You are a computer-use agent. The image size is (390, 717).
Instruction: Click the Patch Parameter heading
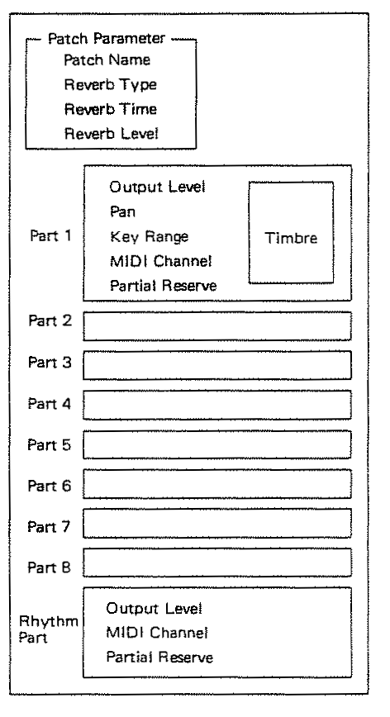pyautogui.click(x=106, y=38)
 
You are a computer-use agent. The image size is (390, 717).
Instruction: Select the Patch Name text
pyautogui.click(x=107, y=60)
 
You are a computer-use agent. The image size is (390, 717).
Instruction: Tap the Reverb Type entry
pyautogui.click(x=110, y=85)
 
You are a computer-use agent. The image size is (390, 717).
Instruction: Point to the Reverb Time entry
pyautogui.click(x=110, y=109)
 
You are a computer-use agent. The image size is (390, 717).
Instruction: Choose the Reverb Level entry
pyautogui.click(x=111, y=134)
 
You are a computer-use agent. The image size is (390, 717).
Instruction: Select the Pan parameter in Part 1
pyautogui.click(x=122, y=211)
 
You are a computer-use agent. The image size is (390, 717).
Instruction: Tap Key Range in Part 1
pyautogui.click(x=149, y=237)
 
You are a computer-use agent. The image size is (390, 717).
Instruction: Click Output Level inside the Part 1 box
pyautogui.click(x=157, y=187)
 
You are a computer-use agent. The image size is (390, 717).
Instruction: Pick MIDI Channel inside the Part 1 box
pyautogui.click(x=161, y=261)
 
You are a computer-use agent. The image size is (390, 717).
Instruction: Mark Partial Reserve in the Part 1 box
pyautogui.click(x=164, y=286)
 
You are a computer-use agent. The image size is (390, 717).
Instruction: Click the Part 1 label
pyautogui.click(x=50, y=235)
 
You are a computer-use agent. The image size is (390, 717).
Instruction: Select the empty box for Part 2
pyautogui.click(x=217, y=326)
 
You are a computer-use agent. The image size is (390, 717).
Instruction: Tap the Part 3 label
pyautogui.click(x=50, y=362)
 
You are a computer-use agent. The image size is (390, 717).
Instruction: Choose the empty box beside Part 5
pyautogui.click(x=217, y=444)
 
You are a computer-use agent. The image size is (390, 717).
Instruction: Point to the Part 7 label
pyautogui.click(x=49, y=527)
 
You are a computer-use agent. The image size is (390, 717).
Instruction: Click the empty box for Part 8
pyautogui.click(x=217, y=563)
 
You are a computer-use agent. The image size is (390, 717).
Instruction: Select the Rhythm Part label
pyautogui.click(x=49, y=629)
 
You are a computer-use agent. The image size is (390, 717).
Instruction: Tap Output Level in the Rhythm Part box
pyautogui.click(x=154, y=609)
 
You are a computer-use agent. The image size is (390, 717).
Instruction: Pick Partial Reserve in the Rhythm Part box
pyautogui.click(x=159, y=657)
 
